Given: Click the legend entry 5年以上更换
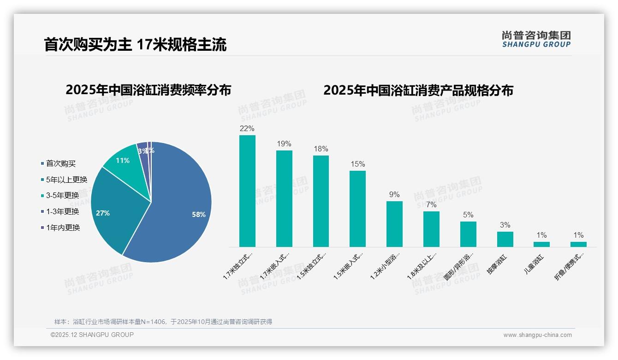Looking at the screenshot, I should (66, 180).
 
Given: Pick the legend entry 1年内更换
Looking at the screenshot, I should (63, 228).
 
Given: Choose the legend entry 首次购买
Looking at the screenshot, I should (61, 163).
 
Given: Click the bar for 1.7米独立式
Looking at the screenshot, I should (247, 191).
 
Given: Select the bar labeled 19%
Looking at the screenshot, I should (284, 198).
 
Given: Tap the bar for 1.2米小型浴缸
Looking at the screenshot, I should (394, 224).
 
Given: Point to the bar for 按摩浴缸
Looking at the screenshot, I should (505, 239).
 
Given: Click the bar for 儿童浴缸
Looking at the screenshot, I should (542, 244).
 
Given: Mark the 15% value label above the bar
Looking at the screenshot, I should (357, 164).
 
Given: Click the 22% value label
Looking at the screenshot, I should (247, 128).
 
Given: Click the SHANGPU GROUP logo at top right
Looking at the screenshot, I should (536, 39).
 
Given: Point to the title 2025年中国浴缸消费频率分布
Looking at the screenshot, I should (148, 90).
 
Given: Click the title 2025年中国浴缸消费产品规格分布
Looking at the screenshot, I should (418, 90).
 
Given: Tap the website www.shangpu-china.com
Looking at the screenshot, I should (537, 335).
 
